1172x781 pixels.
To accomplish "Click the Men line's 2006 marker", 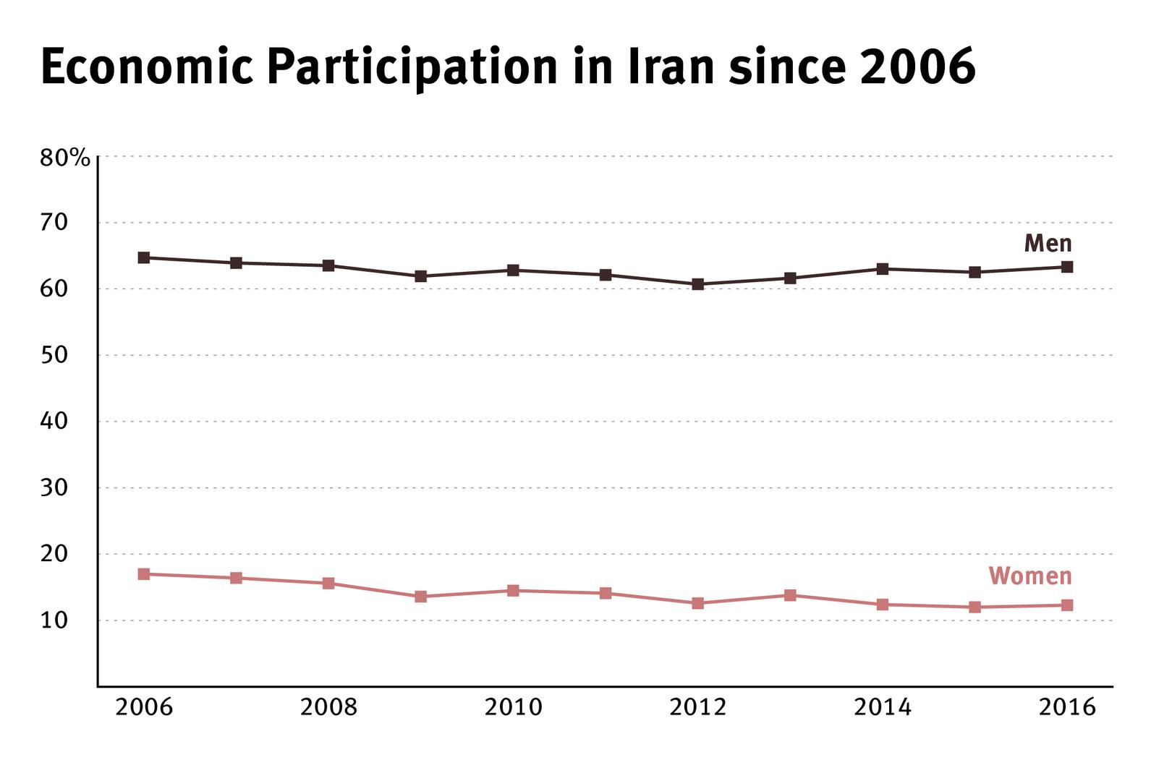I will (x=144, y=257).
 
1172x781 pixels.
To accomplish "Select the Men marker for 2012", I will (x=698, y=284).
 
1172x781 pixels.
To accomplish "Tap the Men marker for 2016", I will (x=1067, y=267).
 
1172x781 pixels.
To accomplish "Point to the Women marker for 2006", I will (x=144, y=574).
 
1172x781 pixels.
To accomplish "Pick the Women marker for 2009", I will (x=421, y=597).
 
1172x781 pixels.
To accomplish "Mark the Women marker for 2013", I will (x=790, y=595).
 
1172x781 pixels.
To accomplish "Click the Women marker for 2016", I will (x=1067, y=605).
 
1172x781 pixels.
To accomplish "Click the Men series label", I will (x=1047, y=244).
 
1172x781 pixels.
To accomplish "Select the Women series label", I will (x=1029, y=576).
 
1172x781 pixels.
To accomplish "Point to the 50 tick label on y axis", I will (x=54, y=355).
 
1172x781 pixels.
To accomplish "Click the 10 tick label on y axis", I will (x=54, y=620).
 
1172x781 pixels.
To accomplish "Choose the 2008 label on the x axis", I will (x=328, y=707).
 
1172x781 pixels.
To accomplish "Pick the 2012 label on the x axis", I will (x=698, y=707).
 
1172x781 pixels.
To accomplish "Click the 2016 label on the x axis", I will (x=1067, y=707).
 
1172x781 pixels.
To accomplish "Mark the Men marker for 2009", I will (x=421, y=276).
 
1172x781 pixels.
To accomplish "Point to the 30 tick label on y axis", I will (x=54, y=488).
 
